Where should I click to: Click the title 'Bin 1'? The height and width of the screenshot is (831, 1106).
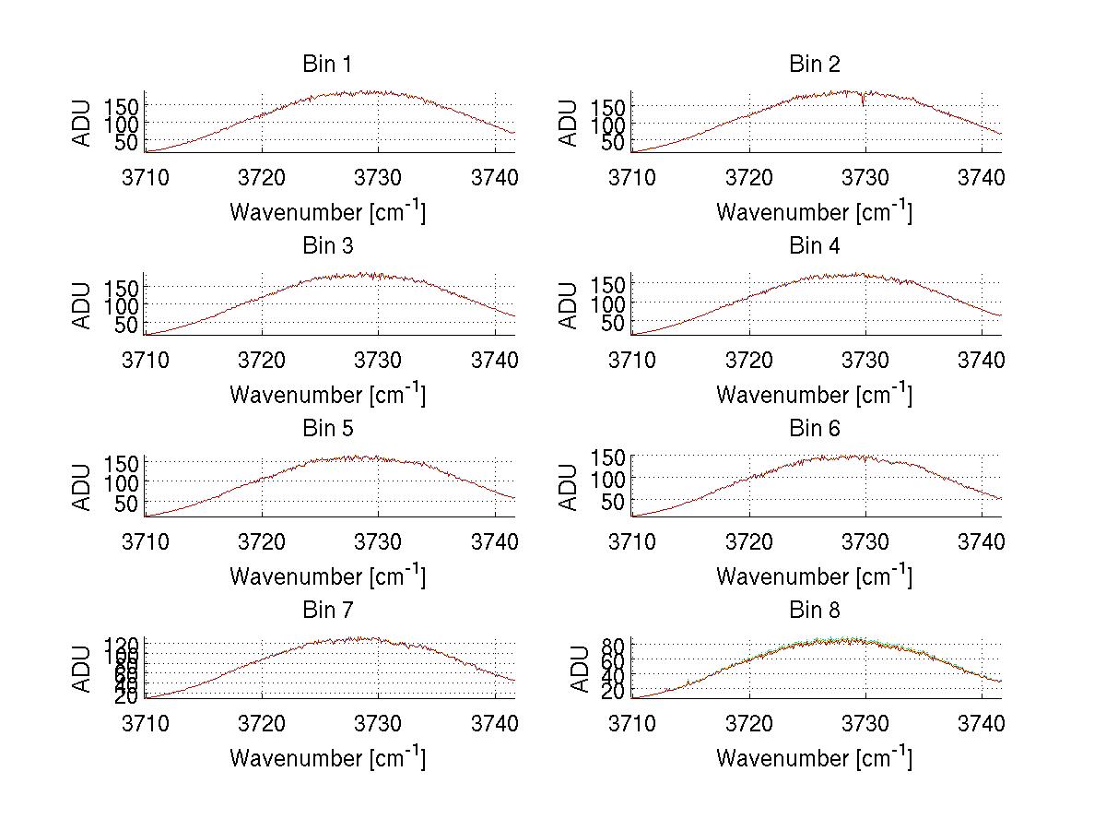[x=327, y=65]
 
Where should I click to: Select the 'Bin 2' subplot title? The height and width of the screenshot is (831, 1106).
[x=814, y=65]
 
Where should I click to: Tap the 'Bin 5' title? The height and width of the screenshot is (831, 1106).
[x=327, y=429]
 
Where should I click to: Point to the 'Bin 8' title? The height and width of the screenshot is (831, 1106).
[x=814, y=611]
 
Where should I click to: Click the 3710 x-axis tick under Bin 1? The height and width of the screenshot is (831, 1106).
[x=146, y=177]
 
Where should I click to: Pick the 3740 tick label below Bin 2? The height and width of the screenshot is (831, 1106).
[x=981, y=177]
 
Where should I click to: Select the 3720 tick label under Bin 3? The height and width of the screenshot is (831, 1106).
[x=263, y=359]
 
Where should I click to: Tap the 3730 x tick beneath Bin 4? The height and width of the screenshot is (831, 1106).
[x=865, y=359]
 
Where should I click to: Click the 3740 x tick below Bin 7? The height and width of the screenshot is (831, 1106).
[x=495, y=723]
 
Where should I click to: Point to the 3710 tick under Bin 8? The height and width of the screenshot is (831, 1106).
[x=632, y=723]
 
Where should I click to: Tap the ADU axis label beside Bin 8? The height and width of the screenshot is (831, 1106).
[x=580, y=670]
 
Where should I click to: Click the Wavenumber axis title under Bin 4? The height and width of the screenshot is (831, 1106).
[x=814, y=394]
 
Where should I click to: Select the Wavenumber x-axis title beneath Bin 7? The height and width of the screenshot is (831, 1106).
[x=327, y=758]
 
